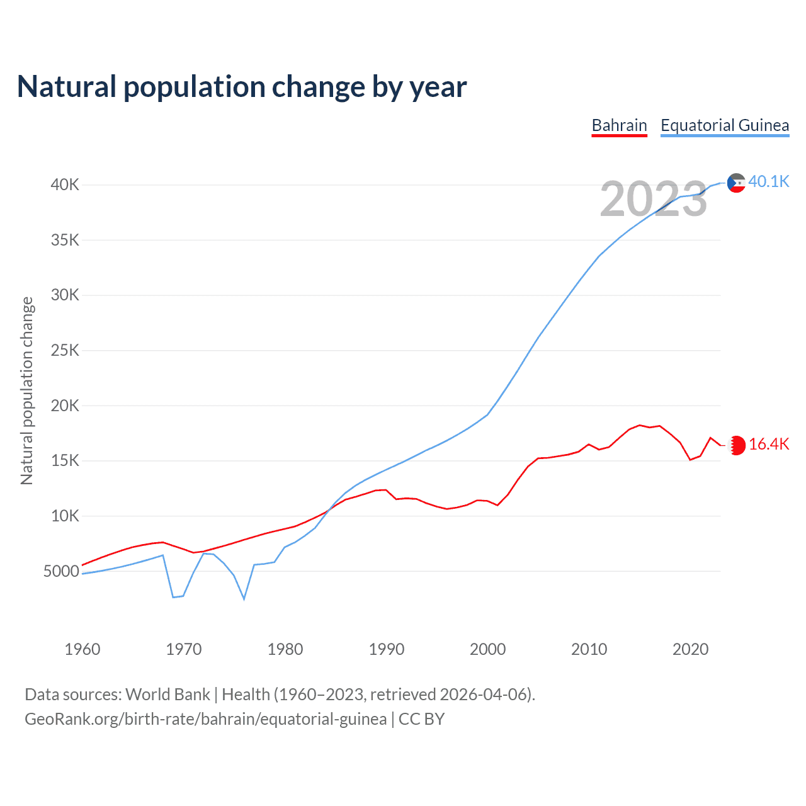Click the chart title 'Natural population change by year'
(x=242, y=87)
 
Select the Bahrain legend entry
(x=620, y=125)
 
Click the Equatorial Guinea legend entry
(x=725, y=125)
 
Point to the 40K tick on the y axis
(x=65, y=185)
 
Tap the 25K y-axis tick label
(x=65, y=351)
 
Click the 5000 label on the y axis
(x=62, y=572)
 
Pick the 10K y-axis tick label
(x=65, y=516)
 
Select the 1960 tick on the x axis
(x=82, y=649)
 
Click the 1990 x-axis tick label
(x=387, y=649)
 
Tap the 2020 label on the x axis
(x=691, y=649)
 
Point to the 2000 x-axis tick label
(x=488, y=649)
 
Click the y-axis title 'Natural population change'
(x=26, y=391)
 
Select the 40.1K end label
(x=769, y=182)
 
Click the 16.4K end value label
(x=769, y=445)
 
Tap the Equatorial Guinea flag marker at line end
(x=736, y=183)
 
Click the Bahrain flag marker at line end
(x=737, y=445)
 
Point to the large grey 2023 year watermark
(x=654, y=199)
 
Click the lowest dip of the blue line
(x=244, y=599)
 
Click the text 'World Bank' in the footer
(x=167, y=695)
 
